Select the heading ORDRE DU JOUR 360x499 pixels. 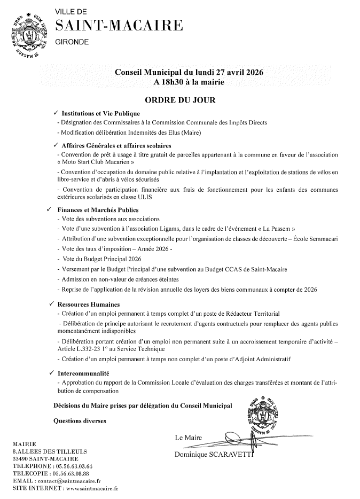[179, 99]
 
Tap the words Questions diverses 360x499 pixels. [80, 421]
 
